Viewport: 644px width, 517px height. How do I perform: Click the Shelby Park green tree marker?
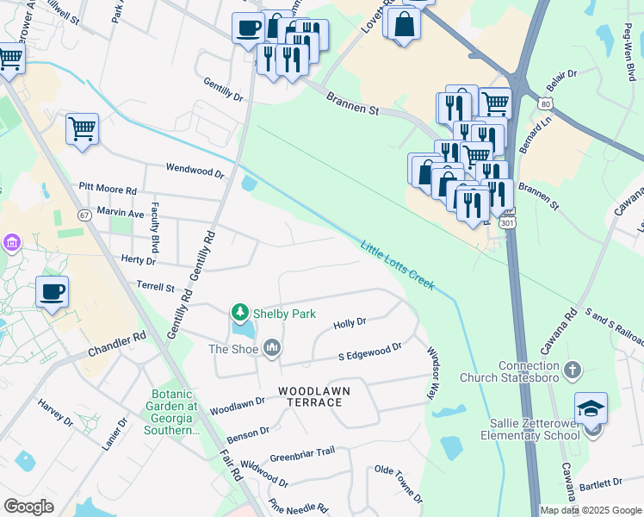tap(240, 312)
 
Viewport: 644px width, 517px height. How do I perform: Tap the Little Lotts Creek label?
tap(398, 265)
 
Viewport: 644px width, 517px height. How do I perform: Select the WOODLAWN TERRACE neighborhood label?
tap(314, 396)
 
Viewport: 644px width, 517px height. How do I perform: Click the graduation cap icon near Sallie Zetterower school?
tap(591, 408)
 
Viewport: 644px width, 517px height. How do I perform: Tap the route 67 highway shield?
tap(84, 214)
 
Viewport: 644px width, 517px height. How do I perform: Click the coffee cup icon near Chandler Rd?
tap(53, 292)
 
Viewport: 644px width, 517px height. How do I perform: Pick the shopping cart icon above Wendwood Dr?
tap(82, 129)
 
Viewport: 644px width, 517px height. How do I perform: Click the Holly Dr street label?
tap(350, 323)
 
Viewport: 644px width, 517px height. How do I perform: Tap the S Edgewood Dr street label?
tap(369, 351)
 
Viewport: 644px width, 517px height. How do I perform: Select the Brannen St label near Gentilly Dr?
tap(352, 105)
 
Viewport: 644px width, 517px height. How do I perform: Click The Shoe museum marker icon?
tap(272, 348)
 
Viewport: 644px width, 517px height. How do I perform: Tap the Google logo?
tap(28, 507)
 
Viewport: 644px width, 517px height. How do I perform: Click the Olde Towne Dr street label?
tap(399, 483)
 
